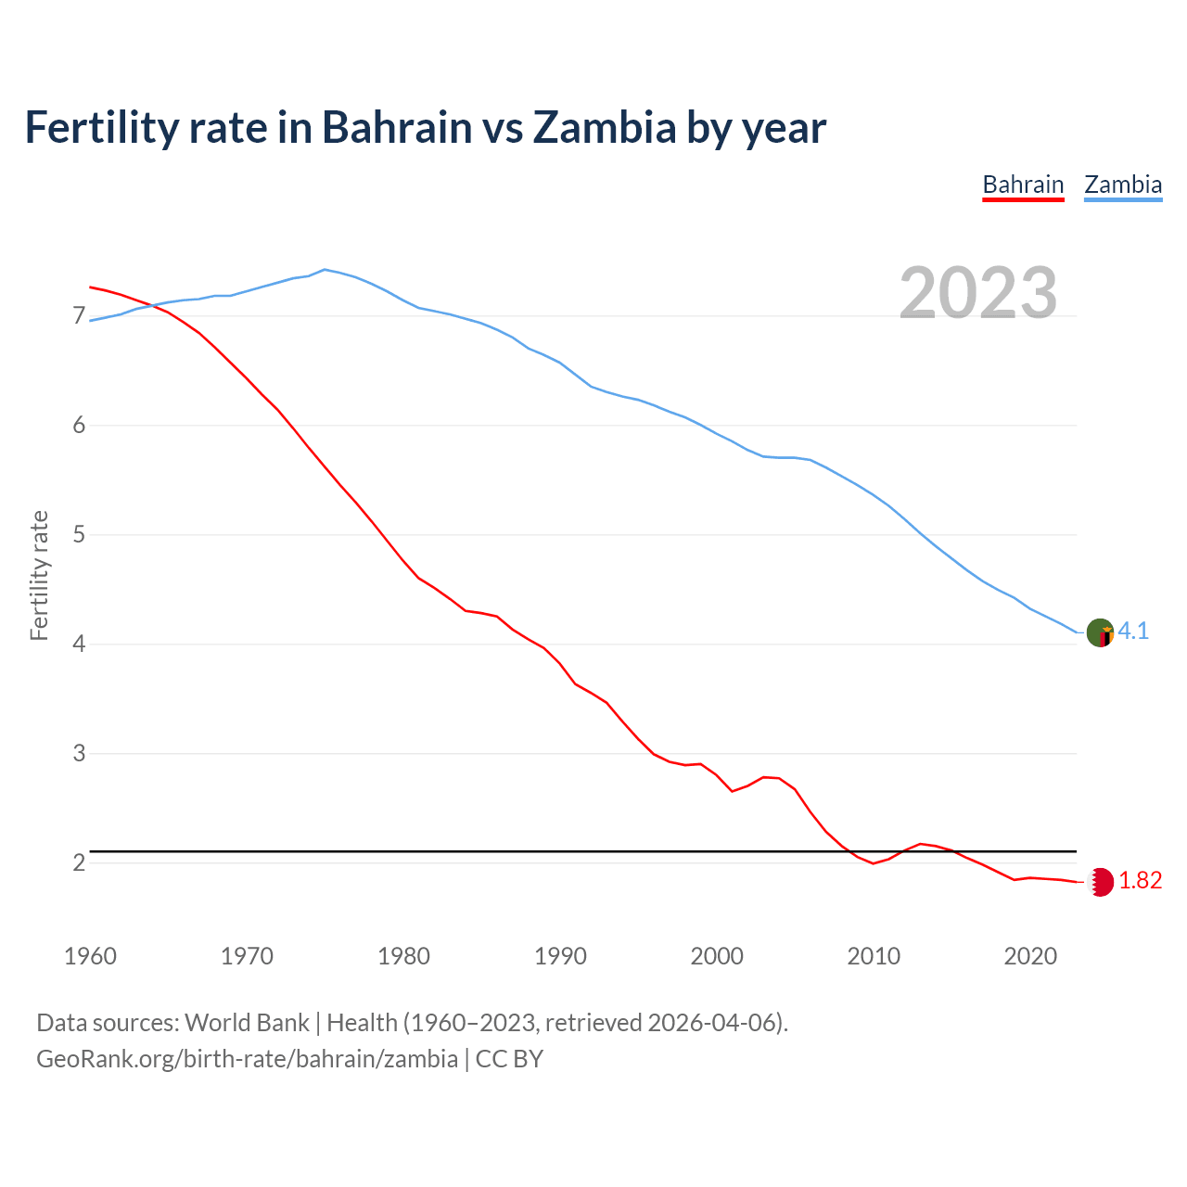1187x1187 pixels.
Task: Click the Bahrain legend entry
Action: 1023,185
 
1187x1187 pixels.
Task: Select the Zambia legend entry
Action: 1123,185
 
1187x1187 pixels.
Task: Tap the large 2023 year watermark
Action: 978,293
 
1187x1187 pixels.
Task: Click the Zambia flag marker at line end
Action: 1100,632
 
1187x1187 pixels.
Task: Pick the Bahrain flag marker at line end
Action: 1100,882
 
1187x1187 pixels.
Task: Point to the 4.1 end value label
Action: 1133,632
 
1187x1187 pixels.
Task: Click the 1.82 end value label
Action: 1140,881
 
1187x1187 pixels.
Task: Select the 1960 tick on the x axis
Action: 90,956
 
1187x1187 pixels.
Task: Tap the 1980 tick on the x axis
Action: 403,956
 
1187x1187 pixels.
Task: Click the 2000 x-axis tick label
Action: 717,956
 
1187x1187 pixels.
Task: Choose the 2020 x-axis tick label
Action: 1030,956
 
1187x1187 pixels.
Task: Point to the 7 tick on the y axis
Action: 79,317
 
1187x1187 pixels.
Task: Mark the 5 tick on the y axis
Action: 79,535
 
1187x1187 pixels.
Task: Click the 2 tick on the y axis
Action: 79,863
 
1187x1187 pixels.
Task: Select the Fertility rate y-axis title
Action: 39,575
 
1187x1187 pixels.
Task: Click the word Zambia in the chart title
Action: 604,128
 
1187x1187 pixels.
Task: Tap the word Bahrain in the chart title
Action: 397,128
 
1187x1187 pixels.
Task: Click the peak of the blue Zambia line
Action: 324,270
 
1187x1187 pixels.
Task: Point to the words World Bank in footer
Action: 247,1023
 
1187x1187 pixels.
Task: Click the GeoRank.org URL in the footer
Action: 247,1059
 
